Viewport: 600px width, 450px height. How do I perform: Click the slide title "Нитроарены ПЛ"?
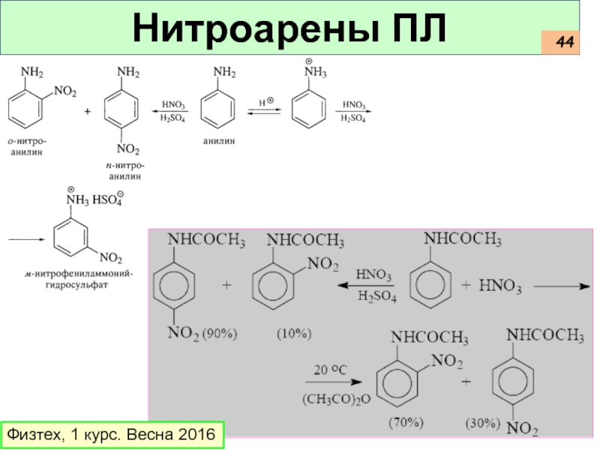[289, 29]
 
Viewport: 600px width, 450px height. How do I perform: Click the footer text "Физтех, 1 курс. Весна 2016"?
[111, 434]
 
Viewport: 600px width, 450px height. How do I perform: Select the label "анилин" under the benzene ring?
[218, 140]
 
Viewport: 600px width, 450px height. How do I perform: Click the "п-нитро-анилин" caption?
[124, 170]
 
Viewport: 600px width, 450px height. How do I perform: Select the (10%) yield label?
[293, 332]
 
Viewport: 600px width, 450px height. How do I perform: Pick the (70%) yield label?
[406, 423]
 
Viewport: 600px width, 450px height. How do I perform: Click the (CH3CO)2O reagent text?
[337, 400]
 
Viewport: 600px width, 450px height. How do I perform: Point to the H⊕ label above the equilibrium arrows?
[266, 100]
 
